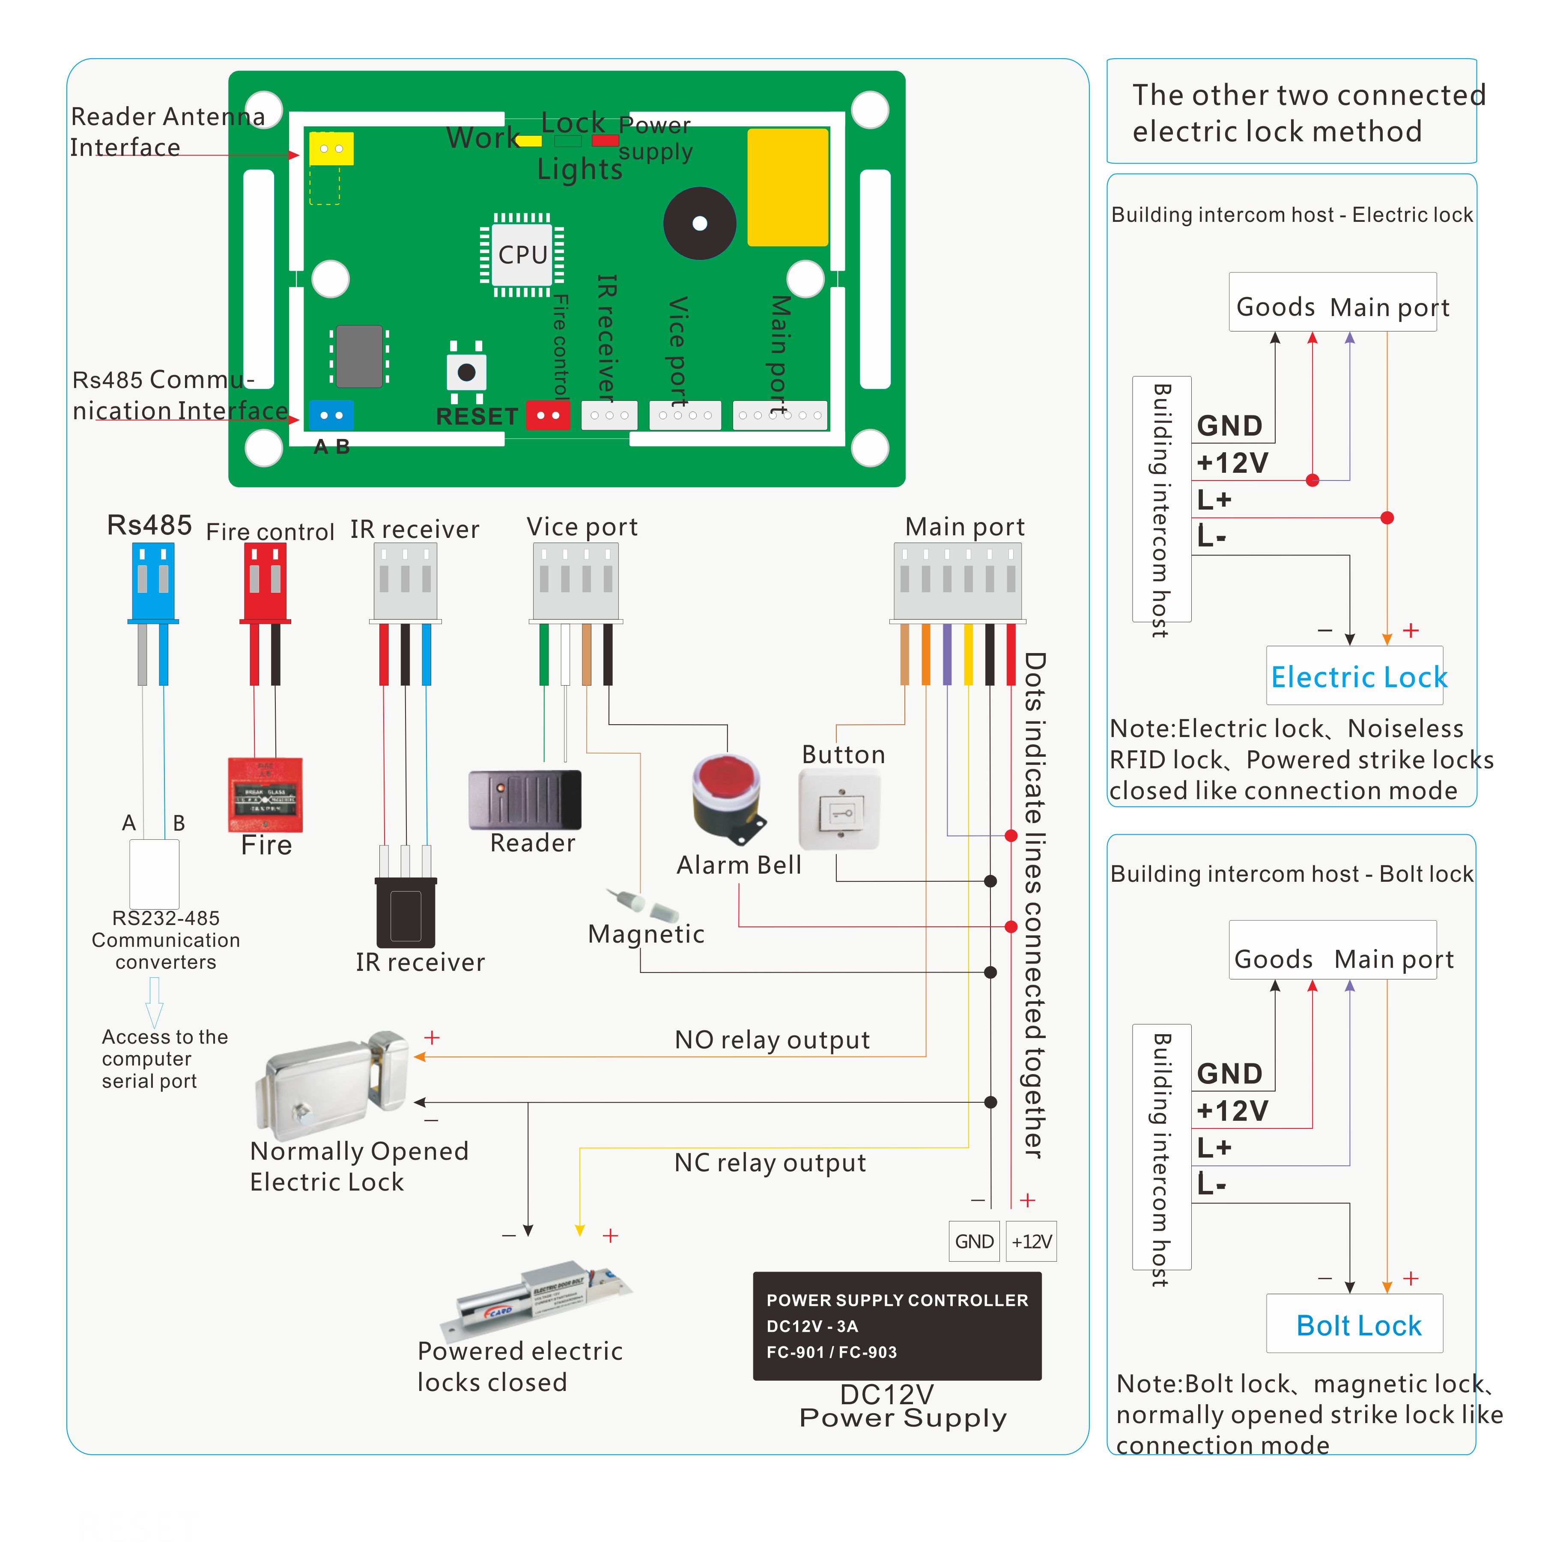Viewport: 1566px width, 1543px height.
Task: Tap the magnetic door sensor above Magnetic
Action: click(642, 904)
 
